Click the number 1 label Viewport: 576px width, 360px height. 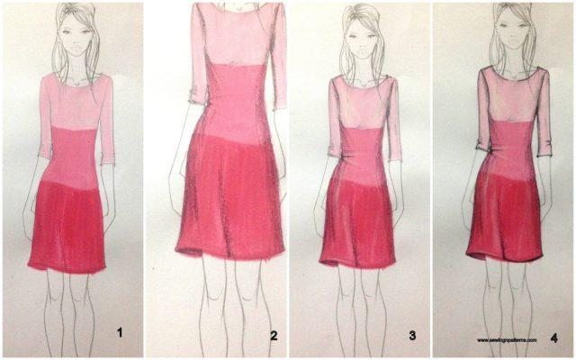120,334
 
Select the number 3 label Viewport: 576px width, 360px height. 411,336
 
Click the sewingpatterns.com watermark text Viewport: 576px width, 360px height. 507,340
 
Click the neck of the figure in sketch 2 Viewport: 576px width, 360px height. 236,7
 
